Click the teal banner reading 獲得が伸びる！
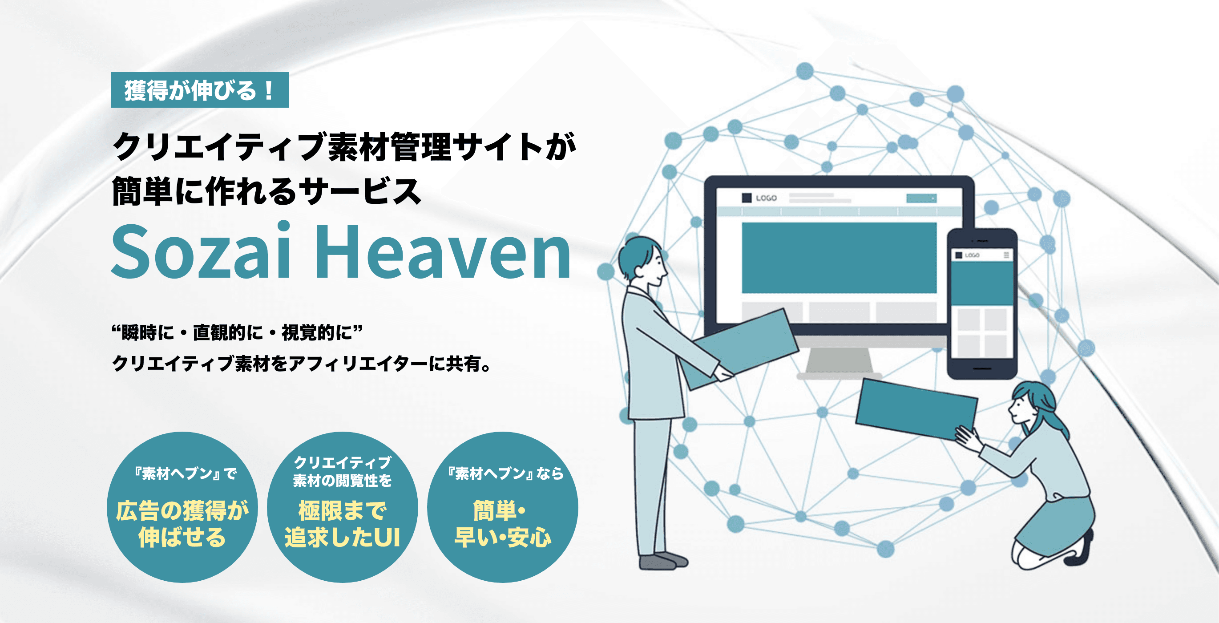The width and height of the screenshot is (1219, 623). click(200, 90)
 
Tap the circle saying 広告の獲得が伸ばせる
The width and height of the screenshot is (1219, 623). click(182, 507)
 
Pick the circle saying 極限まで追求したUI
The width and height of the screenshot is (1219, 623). click(342, 507)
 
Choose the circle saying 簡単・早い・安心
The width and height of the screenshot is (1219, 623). click(503, 507)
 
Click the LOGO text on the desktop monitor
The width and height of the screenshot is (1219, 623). click(766, 198)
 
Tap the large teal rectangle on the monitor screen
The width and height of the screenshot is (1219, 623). click(839, 258)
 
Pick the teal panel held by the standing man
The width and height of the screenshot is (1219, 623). click(738, 348)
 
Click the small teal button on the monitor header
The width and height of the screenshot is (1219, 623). click(921, 198)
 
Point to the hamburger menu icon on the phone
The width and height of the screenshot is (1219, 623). click(1006, 255)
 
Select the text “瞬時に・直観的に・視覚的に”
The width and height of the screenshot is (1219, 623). click(237, 332)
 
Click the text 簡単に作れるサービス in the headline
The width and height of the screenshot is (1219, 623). click(266, 191)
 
